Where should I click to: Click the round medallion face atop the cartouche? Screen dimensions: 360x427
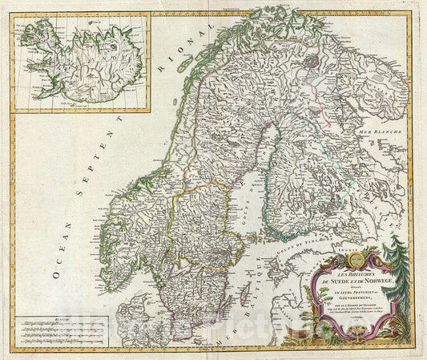[x=356, y=257]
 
